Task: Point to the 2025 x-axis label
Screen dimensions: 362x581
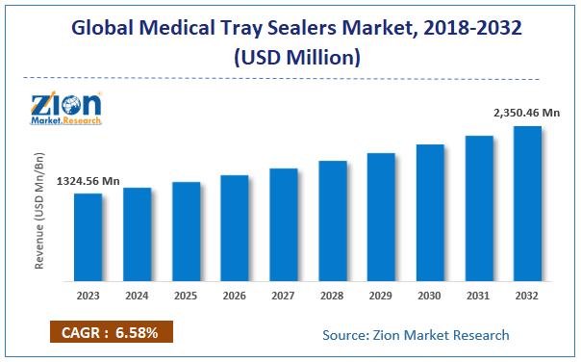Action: (x=186, y=297)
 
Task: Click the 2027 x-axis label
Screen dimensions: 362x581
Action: (x=283, y=297)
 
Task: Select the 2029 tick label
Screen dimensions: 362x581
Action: (x=381, y=297)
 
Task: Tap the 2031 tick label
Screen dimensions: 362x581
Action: (x=479, y=297)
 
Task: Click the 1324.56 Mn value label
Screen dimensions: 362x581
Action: (x=88, y=181)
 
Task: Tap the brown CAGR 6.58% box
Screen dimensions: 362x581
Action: (x=111, y=333)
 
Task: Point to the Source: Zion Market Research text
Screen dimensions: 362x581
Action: (x=415, y=334)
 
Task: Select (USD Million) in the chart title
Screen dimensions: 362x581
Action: (x=290, y=57)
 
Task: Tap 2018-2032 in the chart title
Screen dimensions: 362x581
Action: (x=467, y=26)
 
